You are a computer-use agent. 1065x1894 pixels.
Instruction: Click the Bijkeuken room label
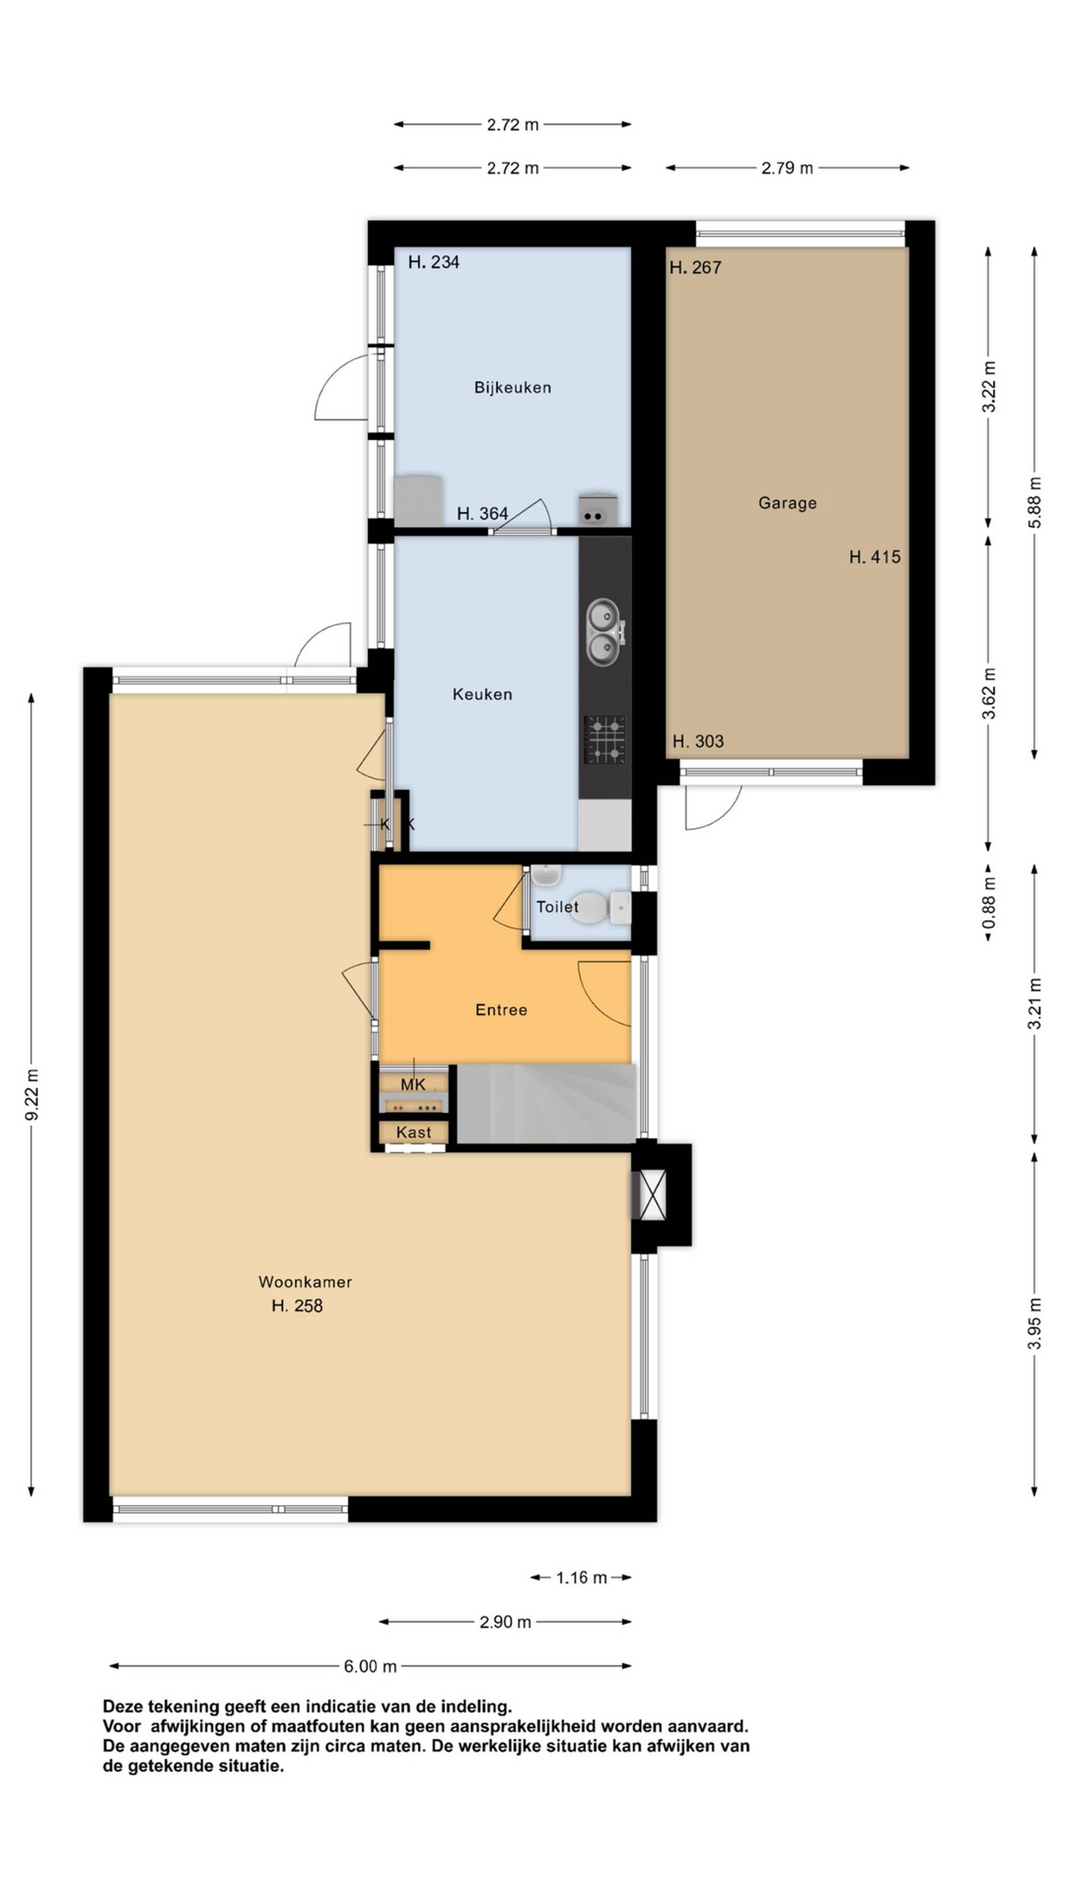(x=513, y=387)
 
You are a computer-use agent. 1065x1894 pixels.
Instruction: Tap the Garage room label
(x=787, y=503)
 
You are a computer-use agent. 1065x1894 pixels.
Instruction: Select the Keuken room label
(x=482, y=694)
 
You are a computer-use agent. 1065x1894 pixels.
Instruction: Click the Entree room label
(x=501, y=1009)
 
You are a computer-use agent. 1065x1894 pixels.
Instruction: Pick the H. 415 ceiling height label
(x=875, y=557)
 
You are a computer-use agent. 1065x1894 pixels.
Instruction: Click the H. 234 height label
(x=434, y=262)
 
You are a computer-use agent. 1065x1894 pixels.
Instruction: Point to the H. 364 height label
(x=482, y=514)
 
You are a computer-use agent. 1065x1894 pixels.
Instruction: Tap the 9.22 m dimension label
(x=32, y=1095)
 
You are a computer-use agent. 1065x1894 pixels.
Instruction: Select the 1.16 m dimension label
(x=581, y=1577)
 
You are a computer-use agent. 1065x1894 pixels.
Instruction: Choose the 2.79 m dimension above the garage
(x=787, y=168)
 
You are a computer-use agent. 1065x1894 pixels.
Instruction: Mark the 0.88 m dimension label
(x=990, y=902)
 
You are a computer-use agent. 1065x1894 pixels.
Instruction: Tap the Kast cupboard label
(x=413, y=1132)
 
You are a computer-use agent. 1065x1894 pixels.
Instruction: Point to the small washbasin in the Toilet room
(x=546, y=875)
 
